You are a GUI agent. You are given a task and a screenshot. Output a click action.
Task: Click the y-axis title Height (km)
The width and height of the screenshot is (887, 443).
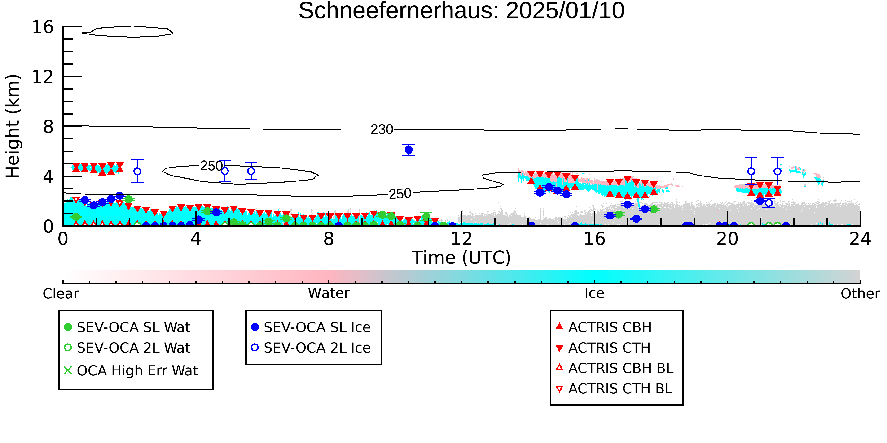13,126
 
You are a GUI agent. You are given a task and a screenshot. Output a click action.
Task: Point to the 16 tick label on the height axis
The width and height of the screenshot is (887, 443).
43,27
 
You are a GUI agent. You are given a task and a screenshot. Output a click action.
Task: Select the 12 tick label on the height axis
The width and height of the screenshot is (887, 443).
43,77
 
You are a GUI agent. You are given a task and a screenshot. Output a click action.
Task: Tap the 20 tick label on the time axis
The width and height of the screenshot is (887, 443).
727,239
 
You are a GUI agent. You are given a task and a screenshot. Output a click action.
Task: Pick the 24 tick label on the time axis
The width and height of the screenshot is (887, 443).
860,239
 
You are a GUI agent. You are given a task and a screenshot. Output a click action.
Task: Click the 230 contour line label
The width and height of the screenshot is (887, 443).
382,130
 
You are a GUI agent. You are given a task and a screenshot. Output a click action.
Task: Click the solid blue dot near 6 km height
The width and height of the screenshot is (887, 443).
408,150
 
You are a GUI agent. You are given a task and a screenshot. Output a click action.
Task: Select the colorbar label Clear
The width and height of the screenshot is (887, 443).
61,294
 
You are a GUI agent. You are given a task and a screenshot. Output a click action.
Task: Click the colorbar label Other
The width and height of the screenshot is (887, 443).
860,294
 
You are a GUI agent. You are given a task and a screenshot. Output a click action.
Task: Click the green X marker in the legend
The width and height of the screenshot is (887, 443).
68,370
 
